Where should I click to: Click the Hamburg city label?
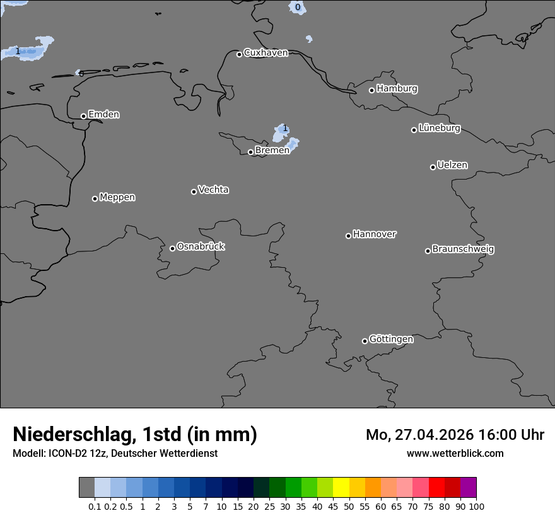coord(397,89)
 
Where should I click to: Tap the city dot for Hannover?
coord(348,236)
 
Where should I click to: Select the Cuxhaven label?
coord(266,53)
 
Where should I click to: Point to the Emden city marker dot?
coord(83,116)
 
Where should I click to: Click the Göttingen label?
coord(391,340)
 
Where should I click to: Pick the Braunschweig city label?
coord(463,250)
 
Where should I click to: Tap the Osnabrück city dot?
coord(172,248)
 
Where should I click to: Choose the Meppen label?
coord(117,197)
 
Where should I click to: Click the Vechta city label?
coord(213,190)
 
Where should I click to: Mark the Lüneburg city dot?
coord(414,130)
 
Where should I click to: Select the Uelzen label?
coord(452,165)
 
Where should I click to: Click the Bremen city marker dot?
coord(250,152)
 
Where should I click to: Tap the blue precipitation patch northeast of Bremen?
coord(281,133)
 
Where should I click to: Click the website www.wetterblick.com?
coord(455,454)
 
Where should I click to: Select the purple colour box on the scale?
coord(469,488)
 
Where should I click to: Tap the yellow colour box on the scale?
coord(341,488)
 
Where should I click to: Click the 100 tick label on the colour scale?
coord(476,506)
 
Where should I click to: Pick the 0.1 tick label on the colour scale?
coord(95,506)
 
